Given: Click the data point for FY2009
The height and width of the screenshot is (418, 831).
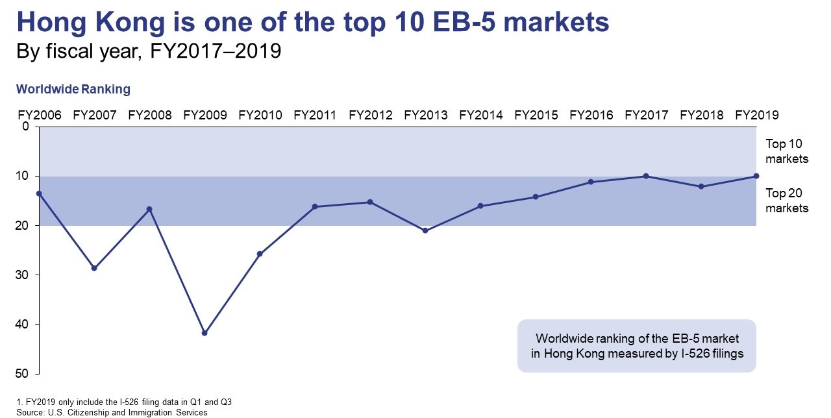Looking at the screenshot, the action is pos(205,333).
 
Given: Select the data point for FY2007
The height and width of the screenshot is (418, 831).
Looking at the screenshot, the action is pos(94,268).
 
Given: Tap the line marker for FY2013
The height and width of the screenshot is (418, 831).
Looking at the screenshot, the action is pos(425,230).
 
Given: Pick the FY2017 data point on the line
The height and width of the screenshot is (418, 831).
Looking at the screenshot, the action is pos(646,176).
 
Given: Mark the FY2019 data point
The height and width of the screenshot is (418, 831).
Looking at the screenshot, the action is pos(756,176).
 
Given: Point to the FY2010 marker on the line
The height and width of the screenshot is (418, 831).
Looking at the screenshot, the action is pos(260,254).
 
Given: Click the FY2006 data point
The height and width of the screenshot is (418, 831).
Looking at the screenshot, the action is pos(39,193).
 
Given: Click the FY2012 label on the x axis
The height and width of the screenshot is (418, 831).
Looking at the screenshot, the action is pos(370,116).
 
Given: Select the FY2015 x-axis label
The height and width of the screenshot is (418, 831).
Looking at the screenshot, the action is pos(536,116).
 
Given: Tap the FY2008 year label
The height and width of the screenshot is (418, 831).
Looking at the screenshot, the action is pos(150,116).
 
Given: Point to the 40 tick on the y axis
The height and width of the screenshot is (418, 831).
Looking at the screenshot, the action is pos(22,324).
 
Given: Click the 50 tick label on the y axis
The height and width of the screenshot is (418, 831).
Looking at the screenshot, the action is pos(22,373).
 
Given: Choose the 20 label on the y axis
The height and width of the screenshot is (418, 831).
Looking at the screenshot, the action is pos(22,225).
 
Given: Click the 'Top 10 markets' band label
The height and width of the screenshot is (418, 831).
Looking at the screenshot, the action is pos(787,151).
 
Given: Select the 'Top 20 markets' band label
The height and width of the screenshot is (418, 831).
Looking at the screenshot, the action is pos(787,201).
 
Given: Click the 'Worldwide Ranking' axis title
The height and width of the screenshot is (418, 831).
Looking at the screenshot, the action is pos(73,90).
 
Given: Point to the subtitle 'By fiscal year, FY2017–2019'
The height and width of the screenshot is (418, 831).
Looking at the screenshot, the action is pos(149,51).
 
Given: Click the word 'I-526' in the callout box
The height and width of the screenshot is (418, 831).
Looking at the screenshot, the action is pos(695,354).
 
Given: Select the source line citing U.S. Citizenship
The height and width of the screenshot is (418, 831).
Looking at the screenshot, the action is pos(112,412).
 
